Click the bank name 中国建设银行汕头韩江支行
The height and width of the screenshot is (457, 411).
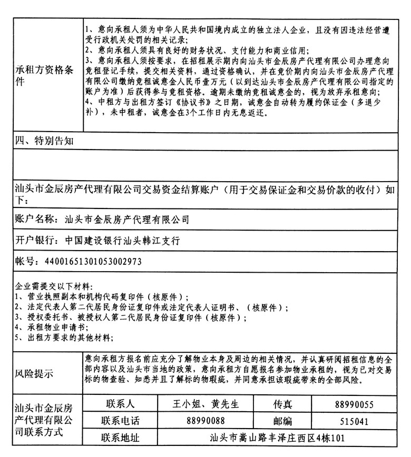[123, 240]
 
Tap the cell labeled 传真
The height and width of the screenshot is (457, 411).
[281, 404]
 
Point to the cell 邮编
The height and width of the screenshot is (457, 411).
[281, 421]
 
